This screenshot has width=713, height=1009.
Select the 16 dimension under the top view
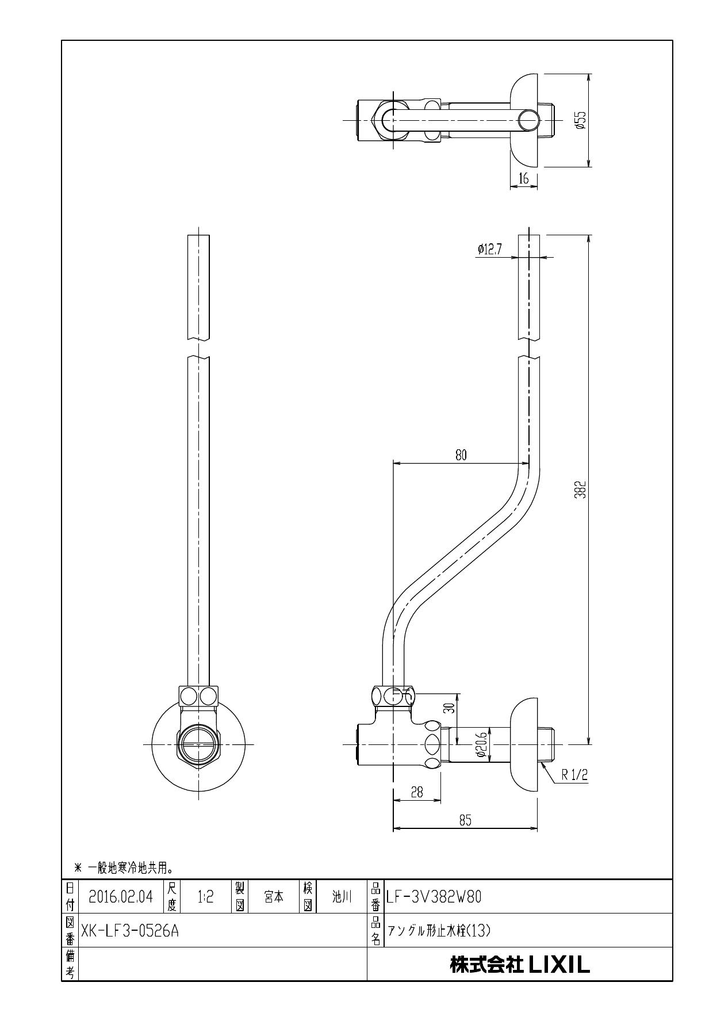coord(523,179)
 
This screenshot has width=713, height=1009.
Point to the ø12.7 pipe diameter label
coord(489,249)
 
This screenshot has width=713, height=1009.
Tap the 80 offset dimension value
coord(461,455)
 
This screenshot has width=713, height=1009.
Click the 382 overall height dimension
coord(581,490)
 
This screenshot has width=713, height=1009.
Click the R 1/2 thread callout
coord(575,775)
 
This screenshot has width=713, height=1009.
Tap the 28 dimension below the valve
coord(417,792)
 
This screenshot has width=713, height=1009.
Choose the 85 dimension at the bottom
coord(465,821)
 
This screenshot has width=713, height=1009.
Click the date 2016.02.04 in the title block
coord(121,896)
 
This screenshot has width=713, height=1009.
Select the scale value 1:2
coord(205,896)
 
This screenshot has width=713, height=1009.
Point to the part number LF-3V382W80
coord(434,896)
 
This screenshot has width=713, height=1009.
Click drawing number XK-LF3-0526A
coord(130,930)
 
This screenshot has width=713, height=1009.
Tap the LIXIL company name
coord(520,965)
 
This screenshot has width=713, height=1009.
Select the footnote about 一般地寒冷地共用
coord(124,866)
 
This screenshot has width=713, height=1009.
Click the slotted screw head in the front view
coord(198,744)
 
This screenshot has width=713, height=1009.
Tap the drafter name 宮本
coord(274,896)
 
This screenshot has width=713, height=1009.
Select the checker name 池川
coord(342,896)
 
